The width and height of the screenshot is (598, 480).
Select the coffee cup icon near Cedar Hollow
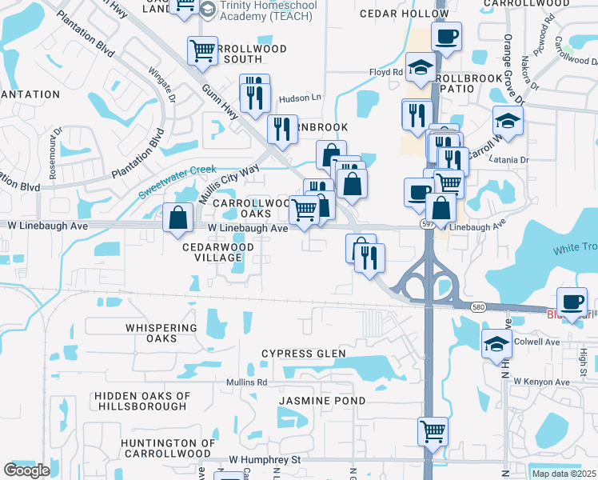(446, 35)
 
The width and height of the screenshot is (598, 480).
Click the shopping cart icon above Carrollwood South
(203, 50)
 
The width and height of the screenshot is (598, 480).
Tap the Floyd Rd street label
(386, 72)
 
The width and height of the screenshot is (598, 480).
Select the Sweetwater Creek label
(177, 182)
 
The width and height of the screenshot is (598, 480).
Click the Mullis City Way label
(229, 182)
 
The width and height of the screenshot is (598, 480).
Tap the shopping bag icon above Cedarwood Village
(177, 217)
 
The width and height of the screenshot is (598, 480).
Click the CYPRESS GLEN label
(304, 354)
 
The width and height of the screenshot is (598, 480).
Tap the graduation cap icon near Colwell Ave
(496, 343)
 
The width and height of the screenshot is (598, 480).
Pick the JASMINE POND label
(322, 400)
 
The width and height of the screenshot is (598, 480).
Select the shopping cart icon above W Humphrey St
(433, 431)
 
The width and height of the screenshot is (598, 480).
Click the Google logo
(26, 470)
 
